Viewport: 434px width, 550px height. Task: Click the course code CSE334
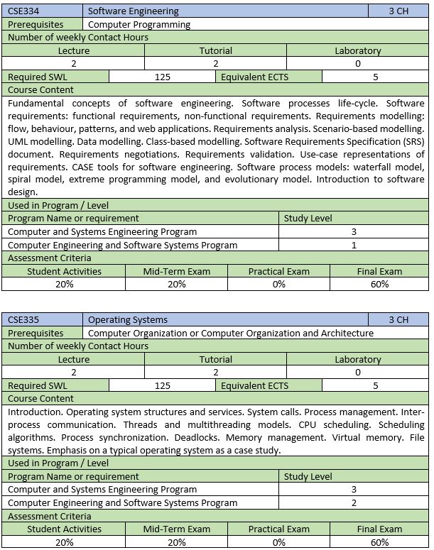(23, 11)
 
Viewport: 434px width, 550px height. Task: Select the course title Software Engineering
(134, 11)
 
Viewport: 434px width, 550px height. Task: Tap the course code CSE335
(23, 320)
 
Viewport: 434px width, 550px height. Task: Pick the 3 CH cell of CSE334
(398, 11)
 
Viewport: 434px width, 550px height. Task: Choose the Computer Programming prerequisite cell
(139, 24)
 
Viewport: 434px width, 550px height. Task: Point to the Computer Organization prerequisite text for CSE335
(231, 333)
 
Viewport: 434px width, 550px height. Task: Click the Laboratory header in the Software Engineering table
(357, 50)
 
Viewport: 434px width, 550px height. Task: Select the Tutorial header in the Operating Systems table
(215, 359)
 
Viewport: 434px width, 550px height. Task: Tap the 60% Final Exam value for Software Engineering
(379, 284)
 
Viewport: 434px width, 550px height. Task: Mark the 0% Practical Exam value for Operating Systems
(278, 542)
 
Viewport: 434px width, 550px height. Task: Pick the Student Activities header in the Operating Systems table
(64, 529)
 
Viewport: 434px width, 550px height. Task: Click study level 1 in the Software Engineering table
(354, 245)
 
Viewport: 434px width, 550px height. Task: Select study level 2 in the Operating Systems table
(354, 502)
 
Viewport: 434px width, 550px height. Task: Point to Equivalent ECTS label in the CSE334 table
(254, 77)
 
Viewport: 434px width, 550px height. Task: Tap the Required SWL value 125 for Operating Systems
(162, 385)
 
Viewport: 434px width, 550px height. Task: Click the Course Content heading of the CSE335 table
(40, 398)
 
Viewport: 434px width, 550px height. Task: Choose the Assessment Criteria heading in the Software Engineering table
(49, 258)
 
